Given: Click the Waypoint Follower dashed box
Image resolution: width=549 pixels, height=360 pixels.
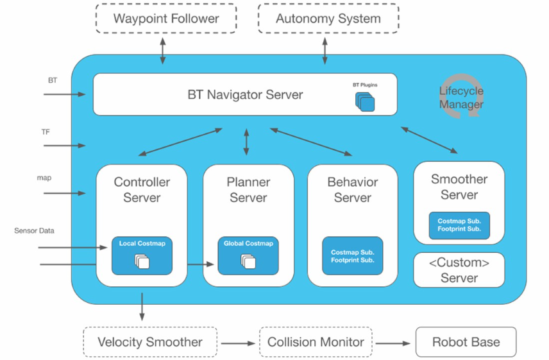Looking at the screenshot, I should (x=166, y=19).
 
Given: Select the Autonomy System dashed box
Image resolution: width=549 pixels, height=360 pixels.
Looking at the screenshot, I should (x=328, y=19).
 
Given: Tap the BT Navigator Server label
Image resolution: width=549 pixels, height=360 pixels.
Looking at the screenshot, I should (x=245, y=94).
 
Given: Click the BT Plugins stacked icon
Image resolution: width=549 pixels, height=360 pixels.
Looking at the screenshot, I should (x=365, y=101).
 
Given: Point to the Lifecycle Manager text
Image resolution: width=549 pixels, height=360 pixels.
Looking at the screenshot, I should (x=461, y=98).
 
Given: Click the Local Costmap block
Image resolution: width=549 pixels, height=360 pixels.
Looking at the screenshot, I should (x=142, y=256).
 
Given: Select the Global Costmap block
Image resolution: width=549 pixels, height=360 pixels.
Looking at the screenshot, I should (x=248, y=256).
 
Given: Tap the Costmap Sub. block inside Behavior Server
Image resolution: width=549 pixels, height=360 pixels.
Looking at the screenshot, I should (x=352, y=255).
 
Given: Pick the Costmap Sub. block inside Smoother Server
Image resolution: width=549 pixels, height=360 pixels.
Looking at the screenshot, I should (x=459, y=225).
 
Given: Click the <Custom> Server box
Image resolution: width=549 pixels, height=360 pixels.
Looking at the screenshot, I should (x=459, y=270).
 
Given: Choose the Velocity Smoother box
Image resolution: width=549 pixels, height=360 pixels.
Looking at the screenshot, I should (x=150, y=343).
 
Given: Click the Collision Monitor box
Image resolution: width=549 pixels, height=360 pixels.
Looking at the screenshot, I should (x=316, y=343).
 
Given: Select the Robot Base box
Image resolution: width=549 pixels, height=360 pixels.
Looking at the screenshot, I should (x=466, y=343).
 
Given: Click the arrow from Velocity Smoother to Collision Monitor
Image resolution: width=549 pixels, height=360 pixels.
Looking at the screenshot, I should (x=238, y=343).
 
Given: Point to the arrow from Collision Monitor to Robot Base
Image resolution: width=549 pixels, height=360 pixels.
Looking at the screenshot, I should (x=393, y=343).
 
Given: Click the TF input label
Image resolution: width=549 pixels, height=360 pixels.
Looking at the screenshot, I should (x=46, y=132).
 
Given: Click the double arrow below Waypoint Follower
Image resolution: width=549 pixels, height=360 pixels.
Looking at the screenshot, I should (x=163, y=51).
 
